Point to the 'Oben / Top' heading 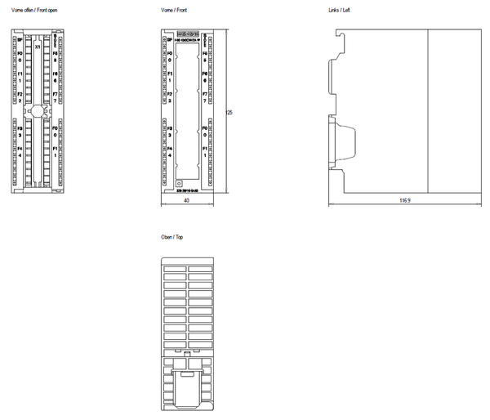click(x=172, y=236)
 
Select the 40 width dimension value click(x=187, y=200)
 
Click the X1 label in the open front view click(x=38, y=47)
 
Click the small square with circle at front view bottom click(x=178, y=186)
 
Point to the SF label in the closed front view click(x=169, y=40)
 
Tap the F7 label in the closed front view click(x=204, y=96)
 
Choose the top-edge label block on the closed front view click(x=187, y=35)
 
